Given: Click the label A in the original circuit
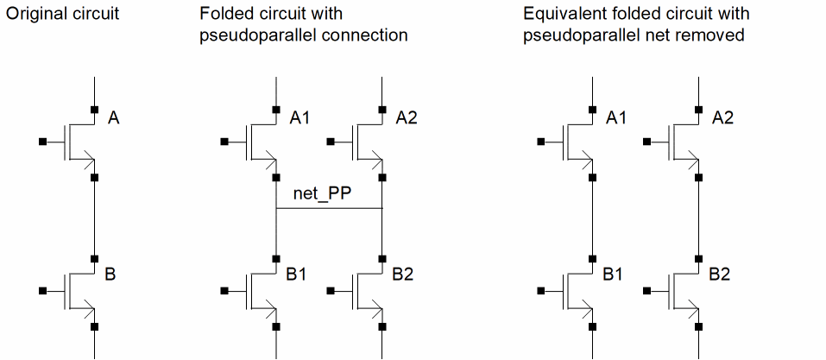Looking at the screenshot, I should coord(113,118).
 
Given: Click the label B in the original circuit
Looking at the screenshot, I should coord(110,275).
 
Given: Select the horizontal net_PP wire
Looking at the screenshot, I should coord(329,209).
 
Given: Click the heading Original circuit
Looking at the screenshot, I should coord(62,14).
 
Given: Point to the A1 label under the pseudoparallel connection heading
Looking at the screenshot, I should coord(300,118).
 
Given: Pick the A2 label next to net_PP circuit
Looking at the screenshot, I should coord(406,118).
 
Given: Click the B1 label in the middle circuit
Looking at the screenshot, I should coord(297,275).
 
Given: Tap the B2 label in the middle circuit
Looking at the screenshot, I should coord(403,275).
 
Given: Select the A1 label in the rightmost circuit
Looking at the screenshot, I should coord(616,118).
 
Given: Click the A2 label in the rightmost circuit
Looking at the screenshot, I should coord(722,118).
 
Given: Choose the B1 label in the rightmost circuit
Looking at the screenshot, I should coord(614,275).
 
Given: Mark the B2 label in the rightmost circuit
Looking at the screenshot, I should coord(720,275).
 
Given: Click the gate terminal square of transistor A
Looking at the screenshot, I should coord(42,140).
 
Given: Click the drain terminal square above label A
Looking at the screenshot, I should coord(94,109).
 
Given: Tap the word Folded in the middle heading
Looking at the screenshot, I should coord(223,14).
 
